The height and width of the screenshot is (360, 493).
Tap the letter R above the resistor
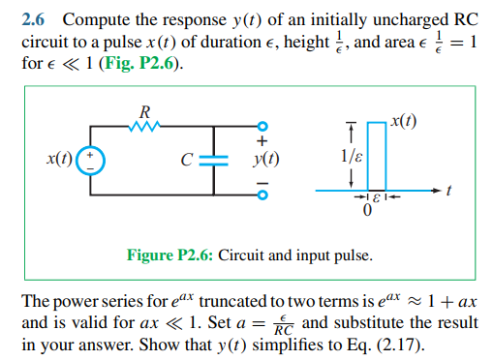pos(145,109)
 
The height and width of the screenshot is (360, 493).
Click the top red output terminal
pos(260,127)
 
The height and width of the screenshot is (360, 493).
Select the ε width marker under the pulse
pos(368,200)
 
